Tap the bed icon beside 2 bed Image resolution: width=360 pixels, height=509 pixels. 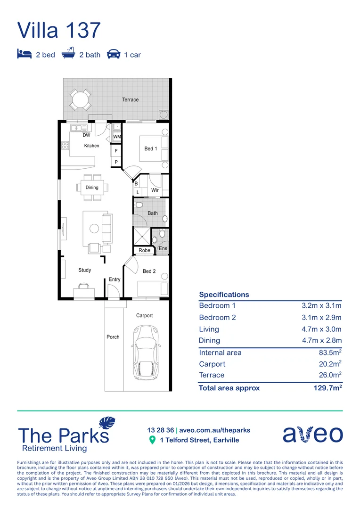25,54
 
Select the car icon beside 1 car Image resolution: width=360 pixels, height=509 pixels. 113,54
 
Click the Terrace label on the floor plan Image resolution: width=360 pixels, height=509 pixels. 131,100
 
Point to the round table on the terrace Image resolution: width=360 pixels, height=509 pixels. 81,100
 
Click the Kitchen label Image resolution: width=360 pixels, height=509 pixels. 92,146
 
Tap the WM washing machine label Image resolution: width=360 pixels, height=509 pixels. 116,137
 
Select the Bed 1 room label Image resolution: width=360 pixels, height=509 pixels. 151,149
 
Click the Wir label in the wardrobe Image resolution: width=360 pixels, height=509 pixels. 155,191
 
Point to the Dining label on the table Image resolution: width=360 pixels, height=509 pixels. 92,188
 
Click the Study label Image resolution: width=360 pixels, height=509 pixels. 85,270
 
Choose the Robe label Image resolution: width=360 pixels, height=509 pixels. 145,250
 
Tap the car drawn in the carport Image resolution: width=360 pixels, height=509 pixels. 146,353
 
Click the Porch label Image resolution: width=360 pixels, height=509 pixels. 113,337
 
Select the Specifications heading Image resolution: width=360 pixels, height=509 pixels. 224,295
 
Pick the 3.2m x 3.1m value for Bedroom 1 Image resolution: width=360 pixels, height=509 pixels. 321,306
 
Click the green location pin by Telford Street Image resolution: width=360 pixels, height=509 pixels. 152,440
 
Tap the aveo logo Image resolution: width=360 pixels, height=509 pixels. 312,434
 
